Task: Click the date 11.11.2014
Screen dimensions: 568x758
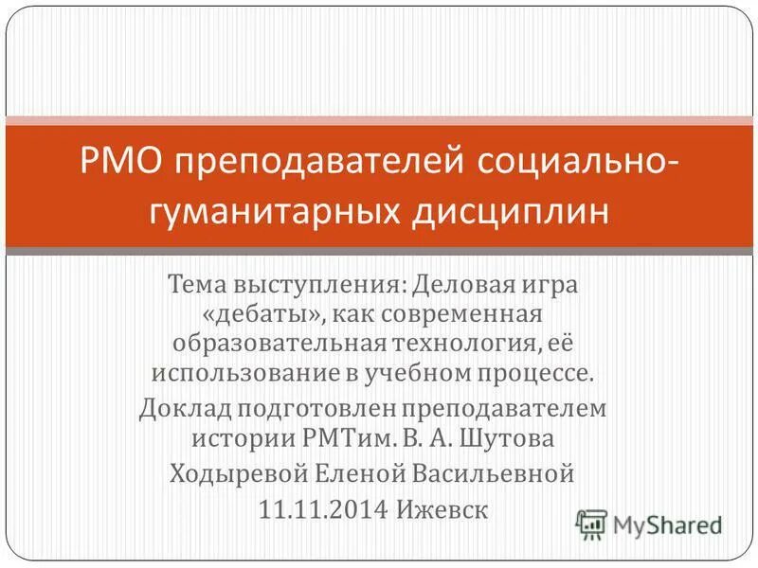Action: (x=322, y=509)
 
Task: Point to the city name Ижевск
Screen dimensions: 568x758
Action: (x=446, y=509)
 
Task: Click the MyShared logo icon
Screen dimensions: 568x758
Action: (x=592, y=524)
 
